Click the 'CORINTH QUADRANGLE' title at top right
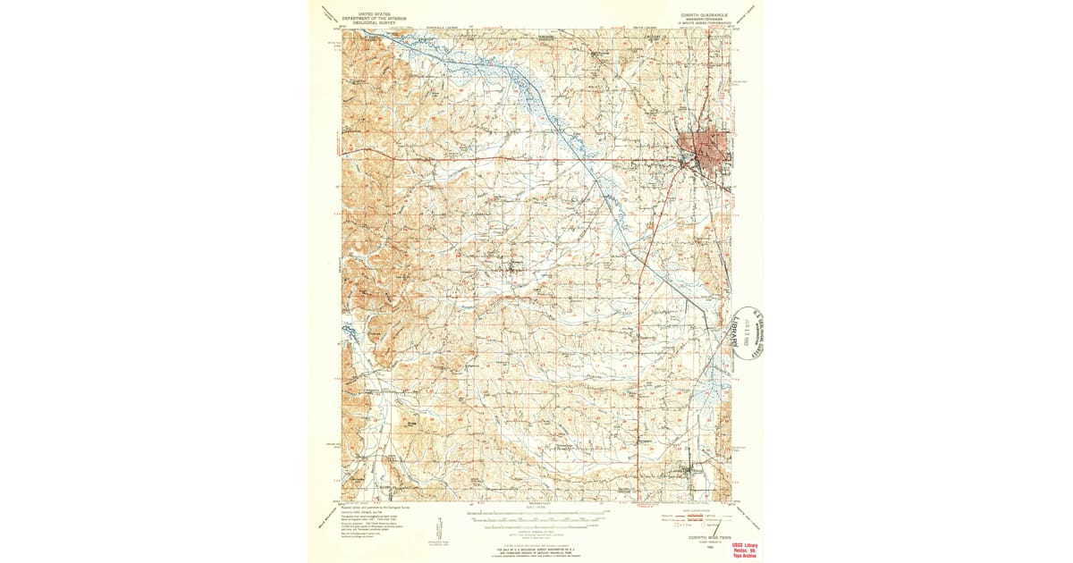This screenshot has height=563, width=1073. click(695, 15)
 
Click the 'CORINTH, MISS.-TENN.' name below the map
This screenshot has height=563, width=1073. click(697, 537)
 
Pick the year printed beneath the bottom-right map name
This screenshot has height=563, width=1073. click(697, 544)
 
